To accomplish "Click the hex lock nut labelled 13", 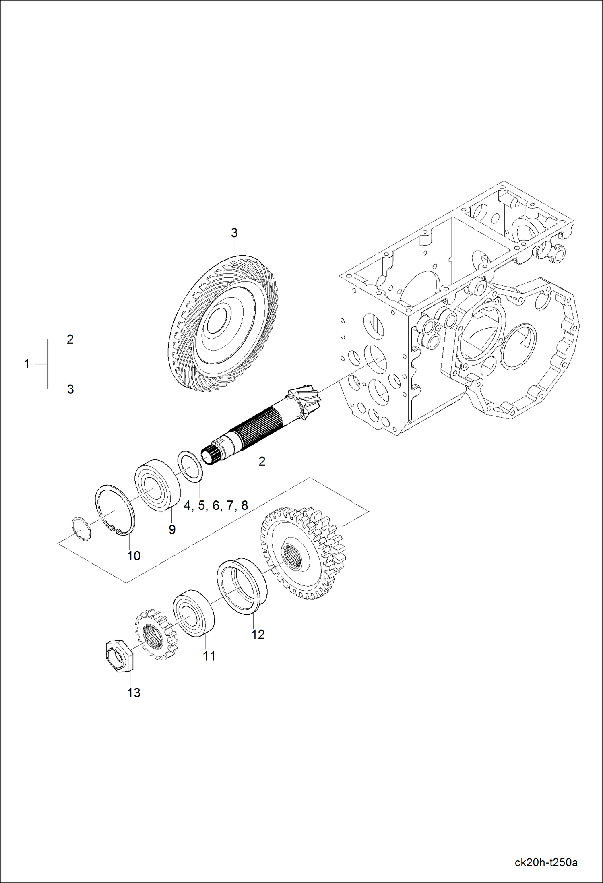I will pyautogui.click(x=118, y=657).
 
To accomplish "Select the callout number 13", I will pyautogui.click(x=134, y=693).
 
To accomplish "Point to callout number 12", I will pyautogui.click(x=258, y=634).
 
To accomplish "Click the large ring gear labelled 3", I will pyautogui.click(x=223, y=322).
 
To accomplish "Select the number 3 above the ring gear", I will pyautogui.click(x=234, y=233).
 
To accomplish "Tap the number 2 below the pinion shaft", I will pyautogui.click(x=262, y=461).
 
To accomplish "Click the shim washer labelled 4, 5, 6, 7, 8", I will pyautogui.click(x=190, y=466).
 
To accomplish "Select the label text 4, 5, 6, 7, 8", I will pyautogui.click(x=216, y=505).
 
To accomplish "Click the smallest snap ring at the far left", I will pyautogui.click(x=81, y=529).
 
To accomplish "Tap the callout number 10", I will pyautogui.click(x=134, y=556).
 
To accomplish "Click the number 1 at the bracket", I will pyautogui.click(x=27, y=364).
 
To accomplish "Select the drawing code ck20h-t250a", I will pyautogui.click(x=546, y=862).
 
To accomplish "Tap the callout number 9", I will pyautogui.click(x=172, y=529).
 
